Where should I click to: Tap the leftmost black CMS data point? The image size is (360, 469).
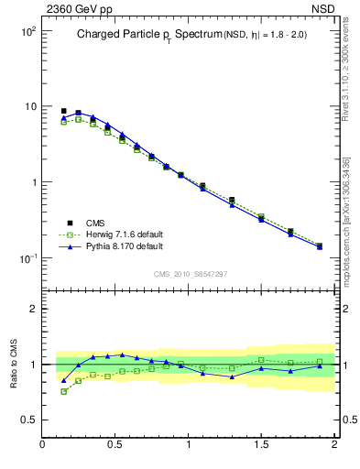click(64, 111)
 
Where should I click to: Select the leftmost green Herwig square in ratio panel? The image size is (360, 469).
click(64, 391)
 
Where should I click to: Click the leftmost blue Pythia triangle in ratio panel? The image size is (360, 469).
click(64, 380)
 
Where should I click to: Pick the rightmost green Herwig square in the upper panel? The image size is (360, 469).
click(320, 245)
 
